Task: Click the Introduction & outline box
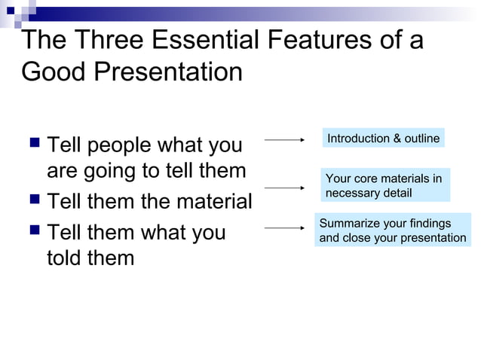pos(383,139)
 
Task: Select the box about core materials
pos(384,185)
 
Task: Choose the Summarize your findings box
pos(392,230)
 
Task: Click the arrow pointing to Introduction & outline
pos(284,139)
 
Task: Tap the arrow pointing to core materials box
pos(284,187)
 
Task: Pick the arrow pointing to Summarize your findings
pos(284,227)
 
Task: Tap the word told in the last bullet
pos(65,258)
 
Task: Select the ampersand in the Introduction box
pos(397,139)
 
